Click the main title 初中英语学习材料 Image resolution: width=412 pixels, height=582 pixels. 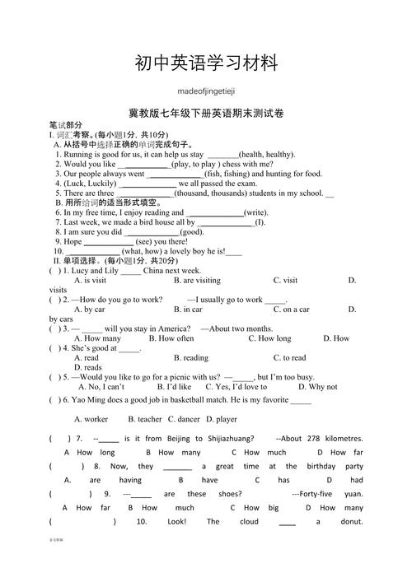point(205,63)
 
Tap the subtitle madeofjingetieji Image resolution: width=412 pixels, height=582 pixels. point(205,92)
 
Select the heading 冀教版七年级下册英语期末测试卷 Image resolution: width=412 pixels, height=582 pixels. point(206,113)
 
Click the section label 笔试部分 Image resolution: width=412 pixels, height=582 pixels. point(66,123)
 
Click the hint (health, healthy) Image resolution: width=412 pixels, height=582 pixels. point(266,154)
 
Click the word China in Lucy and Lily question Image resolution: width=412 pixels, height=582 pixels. point(154,270)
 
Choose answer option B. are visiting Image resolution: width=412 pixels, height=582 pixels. point(197,280)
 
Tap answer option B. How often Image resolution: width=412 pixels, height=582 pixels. point(171,338)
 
